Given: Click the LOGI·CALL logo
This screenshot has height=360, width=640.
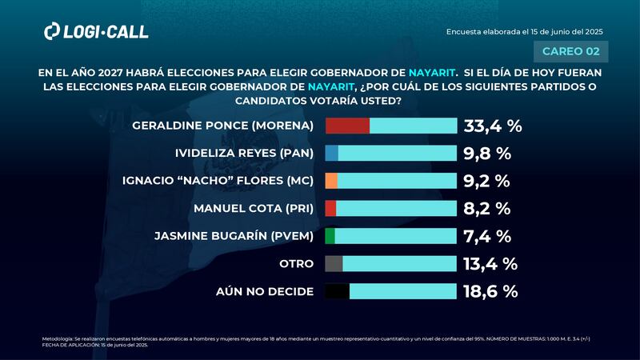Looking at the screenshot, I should point(96,31).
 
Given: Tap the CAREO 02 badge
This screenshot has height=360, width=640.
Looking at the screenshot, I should point(570,51).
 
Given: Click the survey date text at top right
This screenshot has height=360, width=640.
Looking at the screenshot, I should point(524,31).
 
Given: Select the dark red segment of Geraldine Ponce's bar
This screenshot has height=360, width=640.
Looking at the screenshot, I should point(347,126).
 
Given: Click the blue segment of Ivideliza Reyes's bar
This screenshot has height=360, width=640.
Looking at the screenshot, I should point(331,154).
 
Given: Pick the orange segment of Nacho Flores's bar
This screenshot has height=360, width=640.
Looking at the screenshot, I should point(331,181).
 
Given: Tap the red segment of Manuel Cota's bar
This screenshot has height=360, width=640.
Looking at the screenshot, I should point(330,208).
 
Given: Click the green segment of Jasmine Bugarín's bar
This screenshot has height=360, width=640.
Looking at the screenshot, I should point(330,236).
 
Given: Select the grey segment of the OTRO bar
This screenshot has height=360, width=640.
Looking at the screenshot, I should point(334,263).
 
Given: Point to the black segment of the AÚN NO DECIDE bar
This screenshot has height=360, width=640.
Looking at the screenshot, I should point(337,291).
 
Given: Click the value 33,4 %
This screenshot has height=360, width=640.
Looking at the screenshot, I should point(492,126).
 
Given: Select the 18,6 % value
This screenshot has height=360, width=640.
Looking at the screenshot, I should point(491,291).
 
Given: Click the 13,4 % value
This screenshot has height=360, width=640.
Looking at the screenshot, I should point(490,263).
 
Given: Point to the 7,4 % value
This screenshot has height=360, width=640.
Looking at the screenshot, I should point(486,236).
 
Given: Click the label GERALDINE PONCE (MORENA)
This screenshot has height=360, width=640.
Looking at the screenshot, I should point(226,126).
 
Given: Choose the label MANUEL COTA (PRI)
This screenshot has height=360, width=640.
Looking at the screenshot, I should point(254,209).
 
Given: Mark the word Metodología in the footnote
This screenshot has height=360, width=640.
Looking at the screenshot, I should point(58,339).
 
